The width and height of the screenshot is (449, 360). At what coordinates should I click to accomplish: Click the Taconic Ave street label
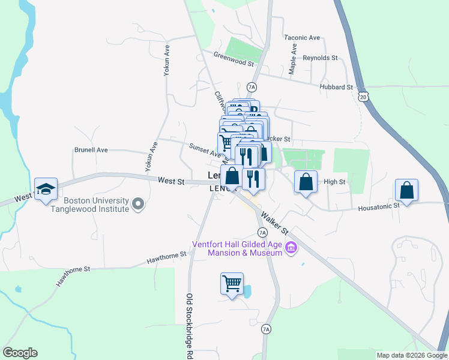(x=302, y=37)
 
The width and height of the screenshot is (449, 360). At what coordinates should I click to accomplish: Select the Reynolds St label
(x=321, y=58)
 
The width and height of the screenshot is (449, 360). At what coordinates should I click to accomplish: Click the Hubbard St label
(x=336, y=87)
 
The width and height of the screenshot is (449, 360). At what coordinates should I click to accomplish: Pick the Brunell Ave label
(x=91, y=150)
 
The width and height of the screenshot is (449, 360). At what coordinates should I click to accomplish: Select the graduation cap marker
(x=46, y=190)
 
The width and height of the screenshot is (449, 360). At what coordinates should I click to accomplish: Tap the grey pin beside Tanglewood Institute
(x=139, y=205)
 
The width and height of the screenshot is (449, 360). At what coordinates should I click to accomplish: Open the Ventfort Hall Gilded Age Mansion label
(x=237, y=248)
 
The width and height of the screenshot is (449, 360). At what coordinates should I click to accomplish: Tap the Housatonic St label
(x=379, y=206)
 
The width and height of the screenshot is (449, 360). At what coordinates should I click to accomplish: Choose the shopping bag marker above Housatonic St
(x=407, y=190)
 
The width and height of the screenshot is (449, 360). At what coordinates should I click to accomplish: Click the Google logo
(x=20, y=353)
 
